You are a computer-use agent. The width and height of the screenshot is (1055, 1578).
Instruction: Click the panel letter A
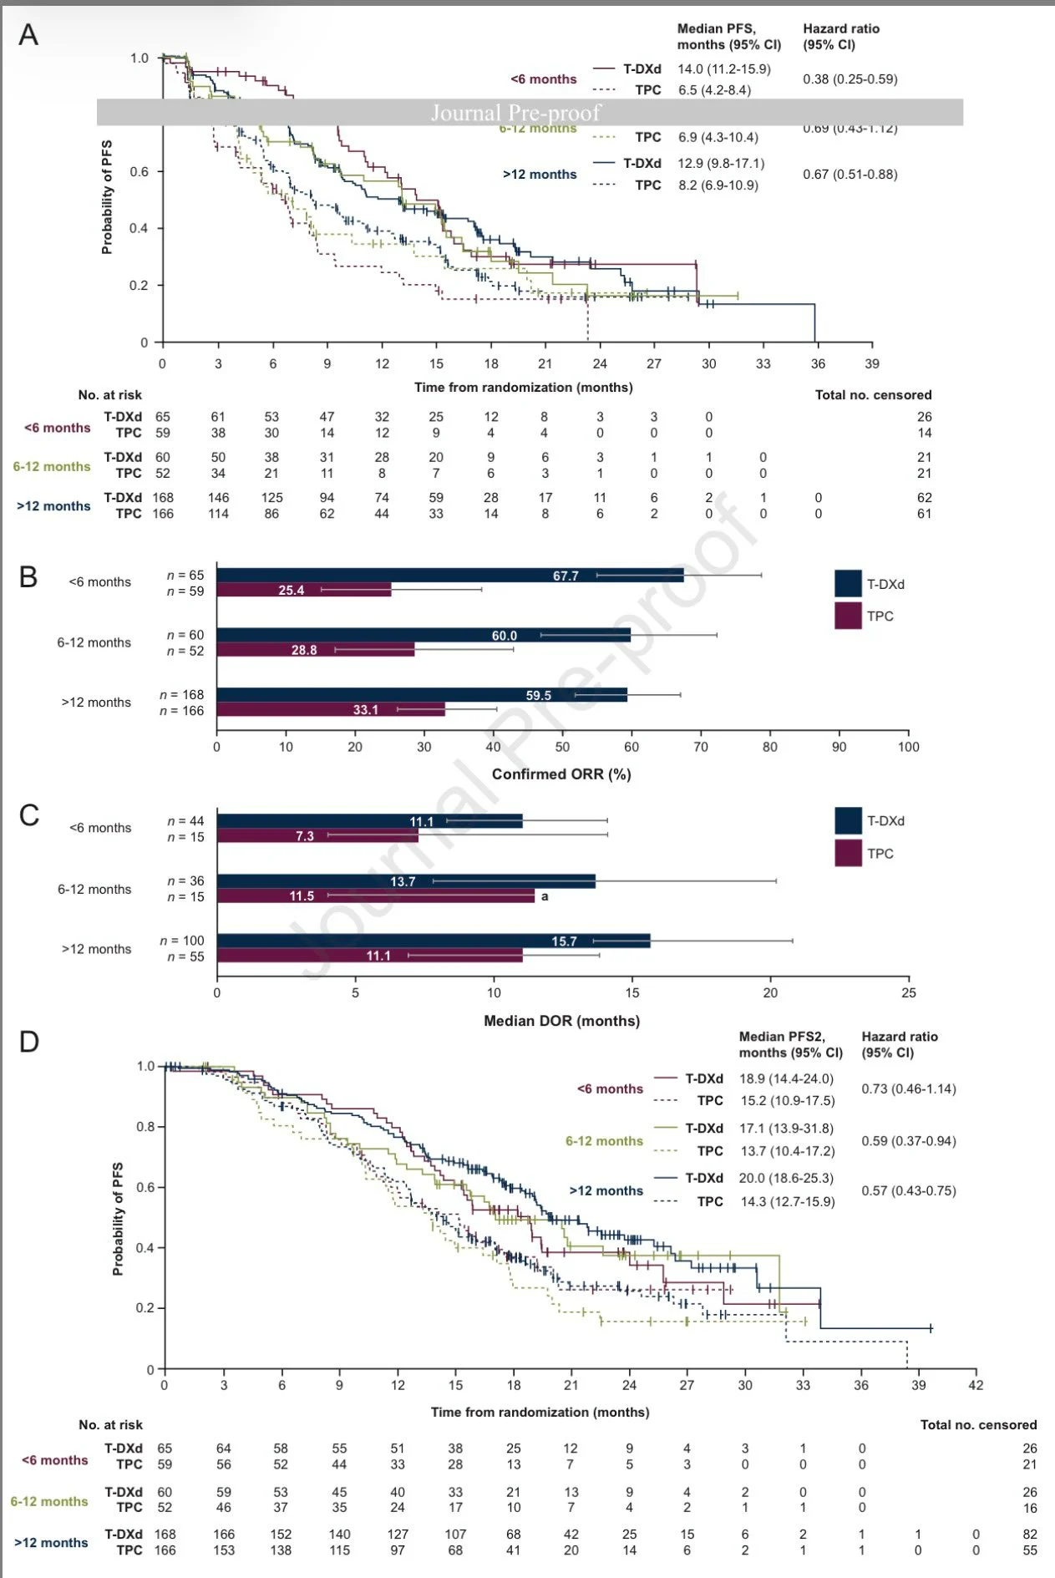coord(28,35)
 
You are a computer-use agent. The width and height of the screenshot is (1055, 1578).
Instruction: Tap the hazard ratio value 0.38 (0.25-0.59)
coord(850,79)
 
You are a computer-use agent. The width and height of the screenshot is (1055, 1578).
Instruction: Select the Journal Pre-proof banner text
coord(515,113)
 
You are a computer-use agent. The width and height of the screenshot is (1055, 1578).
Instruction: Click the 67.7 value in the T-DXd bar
coord(566,576)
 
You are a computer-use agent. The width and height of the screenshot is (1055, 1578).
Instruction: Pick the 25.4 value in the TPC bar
coord(291,591)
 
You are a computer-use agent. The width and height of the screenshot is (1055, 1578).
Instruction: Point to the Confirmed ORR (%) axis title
coord(561,774)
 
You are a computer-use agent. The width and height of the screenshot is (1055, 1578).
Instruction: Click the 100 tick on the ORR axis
coord(908,747)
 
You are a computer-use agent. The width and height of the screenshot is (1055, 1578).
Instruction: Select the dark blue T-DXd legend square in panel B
coord(848,584)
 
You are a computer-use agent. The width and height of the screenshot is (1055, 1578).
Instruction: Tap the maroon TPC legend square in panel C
coord(848,853)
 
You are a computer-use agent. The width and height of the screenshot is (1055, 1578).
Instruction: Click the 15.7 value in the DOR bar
coord(564,941)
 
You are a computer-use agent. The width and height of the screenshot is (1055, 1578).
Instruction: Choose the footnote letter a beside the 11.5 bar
coord(545,896)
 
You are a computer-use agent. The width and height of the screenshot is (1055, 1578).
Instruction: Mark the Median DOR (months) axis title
coord(561,1021)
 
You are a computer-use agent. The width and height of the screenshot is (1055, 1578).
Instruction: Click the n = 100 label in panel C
coord(182,941)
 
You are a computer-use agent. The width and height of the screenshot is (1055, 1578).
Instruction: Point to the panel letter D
coord(29,1042)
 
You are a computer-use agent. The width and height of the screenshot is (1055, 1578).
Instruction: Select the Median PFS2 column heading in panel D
coord(790,1044)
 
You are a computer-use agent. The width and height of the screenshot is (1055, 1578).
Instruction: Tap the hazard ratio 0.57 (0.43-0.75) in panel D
coord(908,1190)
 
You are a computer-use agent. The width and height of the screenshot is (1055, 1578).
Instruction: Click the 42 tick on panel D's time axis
coord(976,1385)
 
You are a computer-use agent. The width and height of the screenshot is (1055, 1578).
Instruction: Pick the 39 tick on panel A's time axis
coord(872,363)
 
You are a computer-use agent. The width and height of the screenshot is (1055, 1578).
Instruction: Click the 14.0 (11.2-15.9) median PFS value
coord(724,69)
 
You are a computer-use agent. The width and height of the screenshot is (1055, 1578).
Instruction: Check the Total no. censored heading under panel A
coord(873,395)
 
